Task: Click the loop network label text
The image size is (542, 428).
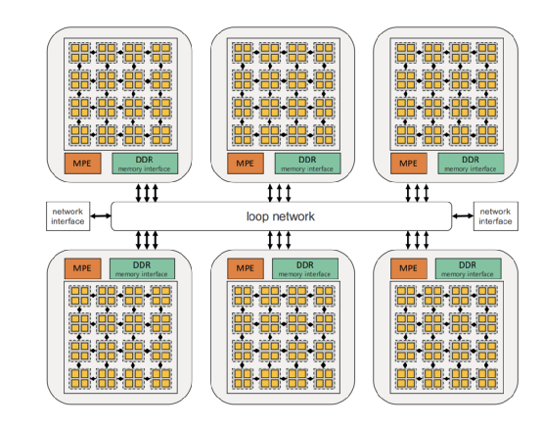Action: [x=281, y=216]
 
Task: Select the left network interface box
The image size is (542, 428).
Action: [x=68, y=216]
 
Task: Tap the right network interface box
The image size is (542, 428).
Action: [x=496, y=216]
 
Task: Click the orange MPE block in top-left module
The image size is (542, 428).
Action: [x=82, y=164]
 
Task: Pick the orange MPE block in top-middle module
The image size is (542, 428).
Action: [x=246, y=164]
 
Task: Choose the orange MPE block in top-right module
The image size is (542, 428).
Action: [x=409, y=164]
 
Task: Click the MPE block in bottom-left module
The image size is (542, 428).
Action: [x=82, y=268]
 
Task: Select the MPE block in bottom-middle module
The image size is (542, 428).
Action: [x=246, y=268]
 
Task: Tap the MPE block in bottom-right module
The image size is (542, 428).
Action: [x=409, y=268]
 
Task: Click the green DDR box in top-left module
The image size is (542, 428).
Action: [x=145, y=164]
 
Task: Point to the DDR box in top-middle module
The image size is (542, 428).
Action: [x=307, y=164]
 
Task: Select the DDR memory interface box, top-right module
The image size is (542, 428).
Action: [x=471, y=164]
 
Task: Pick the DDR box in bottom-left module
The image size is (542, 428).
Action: [x=142, y=268]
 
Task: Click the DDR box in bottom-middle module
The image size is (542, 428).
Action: [x=305, y=268]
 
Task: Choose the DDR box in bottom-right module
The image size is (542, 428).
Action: [x=468, y=268]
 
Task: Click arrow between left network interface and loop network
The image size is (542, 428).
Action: [x=101, y=215]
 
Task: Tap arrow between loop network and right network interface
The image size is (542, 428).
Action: [x=463, y=215]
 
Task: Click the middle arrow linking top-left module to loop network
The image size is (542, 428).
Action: [x=147, y=193]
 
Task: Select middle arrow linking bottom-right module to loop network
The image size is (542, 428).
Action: [x=417, y=240]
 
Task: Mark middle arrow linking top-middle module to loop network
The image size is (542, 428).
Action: [x=279, y=193]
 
